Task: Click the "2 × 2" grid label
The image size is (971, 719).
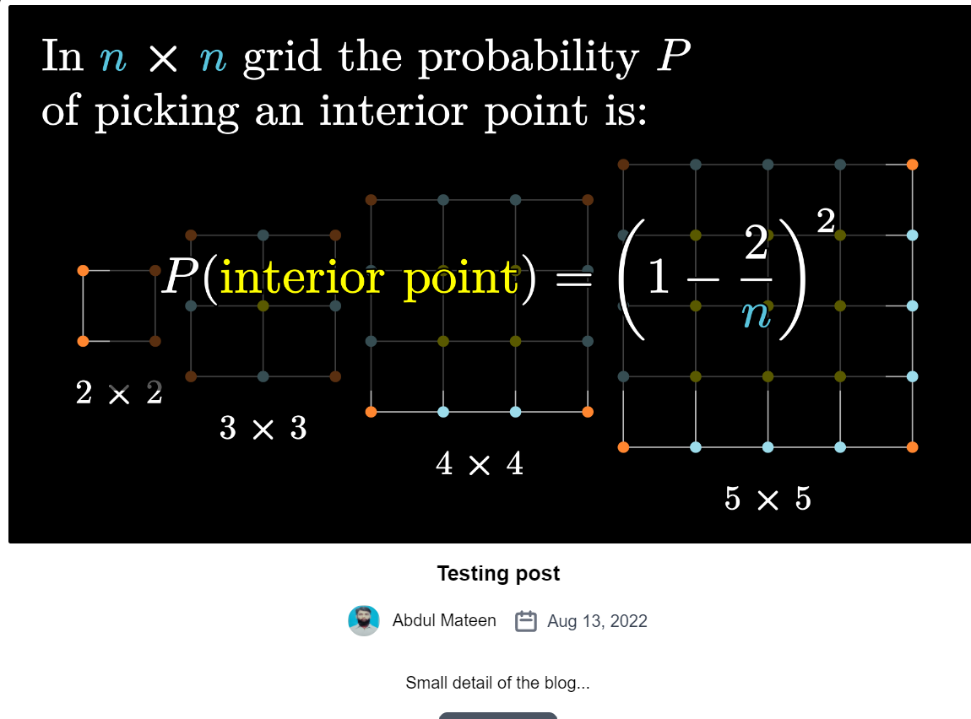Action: coord(119,393)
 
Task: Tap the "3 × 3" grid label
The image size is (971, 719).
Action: coord(263,428)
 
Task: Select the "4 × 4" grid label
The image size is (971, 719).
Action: coord(480,463)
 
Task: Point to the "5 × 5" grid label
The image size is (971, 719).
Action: coord(768,499)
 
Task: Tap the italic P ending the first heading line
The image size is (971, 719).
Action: coord(673,56)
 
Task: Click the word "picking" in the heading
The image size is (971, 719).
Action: coord(166,113)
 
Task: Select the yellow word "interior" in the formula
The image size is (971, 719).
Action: coord(302,278)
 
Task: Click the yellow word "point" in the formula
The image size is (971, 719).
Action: coord(461,279)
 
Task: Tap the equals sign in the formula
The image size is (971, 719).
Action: coord(573,279)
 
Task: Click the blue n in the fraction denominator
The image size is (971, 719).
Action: coord(757,315)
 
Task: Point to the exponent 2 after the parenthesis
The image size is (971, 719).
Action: coord(826,221)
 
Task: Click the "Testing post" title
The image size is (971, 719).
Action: coord(498,574)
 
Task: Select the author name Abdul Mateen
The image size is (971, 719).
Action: coord(444,620)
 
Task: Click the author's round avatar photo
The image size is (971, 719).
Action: coord(364,620)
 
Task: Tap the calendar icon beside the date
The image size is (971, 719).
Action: coord(526,621)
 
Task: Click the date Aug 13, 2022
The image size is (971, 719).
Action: coord(597,621)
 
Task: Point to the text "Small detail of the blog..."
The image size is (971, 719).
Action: coord(498,683)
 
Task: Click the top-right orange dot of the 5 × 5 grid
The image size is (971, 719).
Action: coord(912,165)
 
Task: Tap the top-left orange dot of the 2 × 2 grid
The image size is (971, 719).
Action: coord(83,270)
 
